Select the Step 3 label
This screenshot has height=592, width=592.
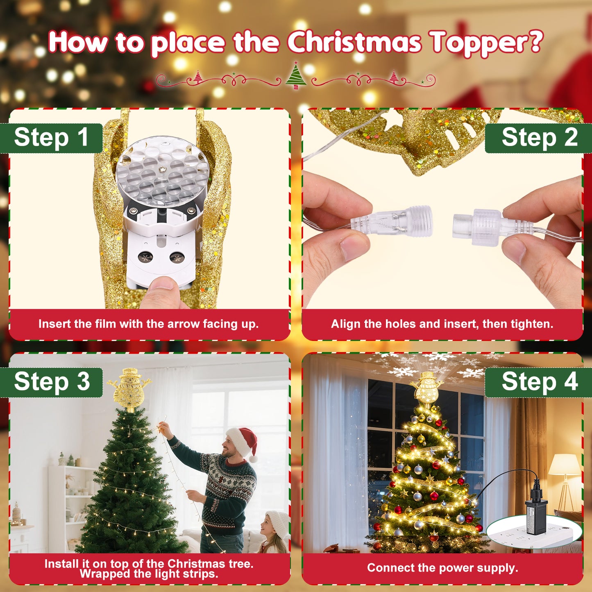tap(52, 382)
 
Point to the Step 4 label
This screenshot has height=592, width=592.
tap(539, 382)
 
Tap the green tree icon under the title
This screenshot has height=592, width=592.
tap(296, 76)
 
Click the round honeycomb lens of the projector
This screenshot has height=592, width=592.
tap(162, 171)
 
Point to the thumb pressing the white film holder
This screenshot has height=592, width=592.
tap(161, 292)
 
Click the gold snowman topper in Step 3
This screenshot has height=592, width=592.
tap(130, 389)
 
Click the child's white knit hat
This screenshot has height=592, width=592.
tap(278, 524)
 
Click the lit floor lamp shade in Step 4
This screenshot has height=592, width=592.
tap(565, 465)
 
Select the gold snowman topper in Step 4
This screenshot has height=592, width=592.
tap(427, 387)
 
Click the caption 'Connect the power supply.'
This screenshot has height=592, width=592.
tap(442, 568)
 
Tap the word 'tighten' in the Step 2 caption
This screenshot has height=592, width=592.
tap(531, 324)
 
